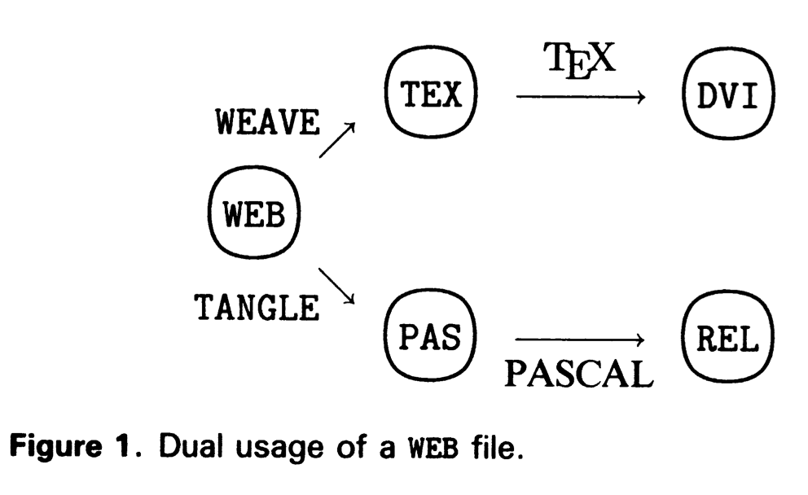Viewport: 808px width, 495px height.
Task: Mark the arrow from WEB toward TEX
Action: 337,139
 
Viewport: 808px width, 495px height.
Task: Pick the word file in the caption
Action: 489,446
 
